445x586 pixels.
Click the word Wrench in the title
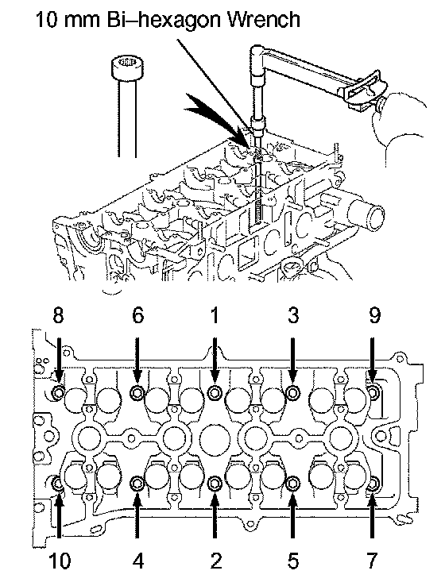click(x=264, y=19)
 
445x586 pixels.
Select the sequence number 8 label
click(x=58, y=315)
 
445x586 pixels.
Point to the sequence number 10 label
click(x=60, y=561)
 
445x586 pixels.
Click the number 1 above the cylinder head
click(x=215, y=315)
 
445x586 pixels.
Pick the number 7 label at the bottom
click(x=372, y=561)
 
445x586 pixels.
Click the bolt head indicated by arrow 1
click(x=215, y=392)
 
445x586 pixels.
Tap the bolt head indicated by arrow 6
click(x=137, y=392)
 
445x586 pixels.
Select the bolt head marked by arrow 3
click(x=292, y=392)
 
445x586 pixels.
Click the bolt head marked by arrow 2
click(x=215, y=484)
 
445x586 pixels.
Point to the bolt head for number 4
click(x=137, y=484)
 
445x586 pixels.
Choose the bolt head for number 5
click(x=292, y=484)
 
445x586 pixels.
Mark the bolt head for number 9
click(x=373, y=392)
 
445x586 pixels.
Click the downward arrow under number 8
click(x=58, y=360)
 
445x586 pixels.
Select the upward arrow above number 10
click(x=59, y=515)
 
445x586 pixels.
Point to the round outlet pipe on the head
click(x=365, y=216)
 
